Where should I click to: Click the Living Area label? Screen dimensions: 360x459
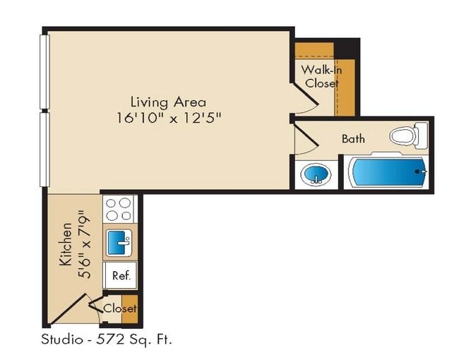168,101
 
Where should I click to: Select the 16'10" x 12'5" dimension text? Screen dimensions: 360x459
169,117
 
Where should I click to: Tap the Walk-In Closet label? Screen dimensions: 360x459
322,76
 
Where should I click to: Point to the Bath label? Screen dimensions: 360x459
353,138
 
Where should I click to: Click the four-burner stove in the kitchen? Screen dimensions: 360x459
119,209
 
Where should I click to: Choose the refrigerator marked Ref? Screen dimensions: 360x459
120,276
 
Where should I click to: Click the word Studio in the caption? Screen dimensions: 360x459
60,340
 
